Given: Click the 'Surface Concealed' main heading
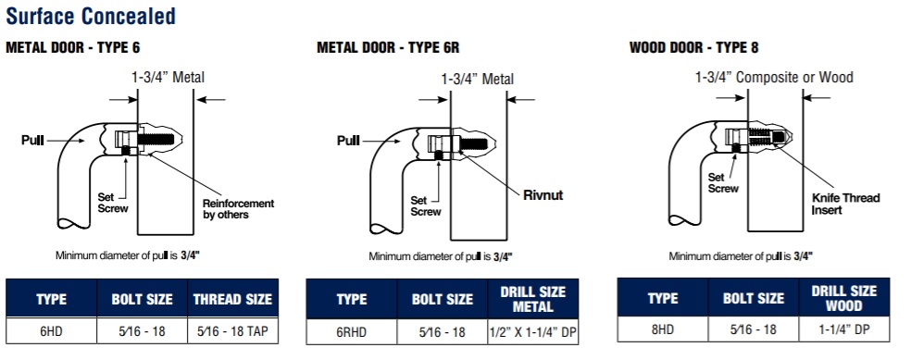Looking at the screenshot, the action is point(91,16).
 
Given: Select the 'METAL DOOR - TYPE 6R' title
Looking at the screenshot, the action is point(388,47).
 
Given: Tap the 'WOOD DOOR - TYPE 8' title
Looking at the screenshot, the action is point(693,47).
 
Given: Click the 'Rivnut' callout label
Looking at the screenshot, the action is point(543,195).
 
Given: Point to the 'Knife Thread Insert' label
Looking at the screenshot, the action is point(846,204).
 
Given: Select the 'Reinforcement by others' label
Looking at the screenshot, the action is point(238,209).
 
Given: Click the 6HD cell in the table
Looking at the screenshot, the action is point(51,331).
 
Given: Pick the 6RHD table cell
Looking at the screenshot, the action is point(352,332).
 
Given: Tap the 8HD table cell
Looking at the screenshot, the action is point(662,329).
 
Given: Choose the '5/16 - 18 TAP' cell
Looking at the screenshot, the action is point(233,331).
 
